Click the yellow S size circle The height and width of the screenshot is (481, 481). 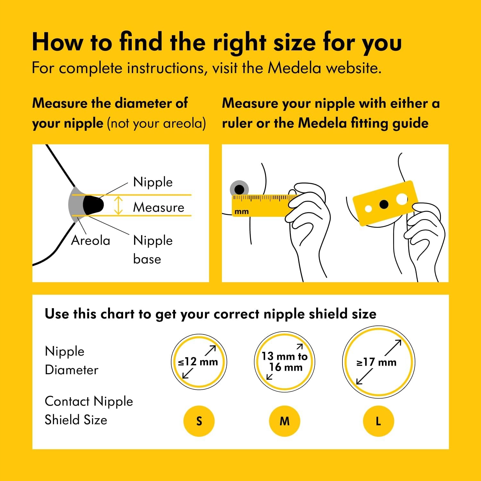coord(199,421)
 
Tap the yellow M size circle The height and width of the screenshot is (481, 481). coord(284,421)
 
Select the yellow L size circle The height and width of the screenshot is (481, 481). coord(378,421)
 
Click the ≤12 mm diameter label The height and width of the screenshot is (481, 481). coord(198,362)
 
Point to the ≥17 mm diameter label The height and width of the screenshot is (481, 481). coord(376,362)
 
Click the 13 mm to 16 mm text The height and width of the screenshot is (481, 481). coord(284,361)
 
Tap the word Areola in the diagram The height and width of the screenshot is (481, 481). coord(90,240)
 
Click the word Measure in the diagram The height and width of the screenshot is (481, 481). coord(159,207)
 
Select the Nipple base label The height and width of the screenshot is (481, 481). coord(153,249)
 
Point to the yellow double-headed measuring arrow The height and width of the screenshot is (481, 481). coord(119,206)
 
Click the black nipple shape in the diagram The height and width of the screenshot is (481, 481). coord(93,205)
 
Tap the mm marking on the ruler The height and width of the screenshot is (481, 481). coord(241,212)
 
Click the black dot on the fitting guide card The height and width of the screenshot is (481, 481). coord(384,204)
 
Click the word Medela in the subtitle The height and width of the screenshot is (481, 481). coord(294,68)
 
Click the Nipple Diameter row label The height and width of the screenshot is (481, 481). coord(72,360)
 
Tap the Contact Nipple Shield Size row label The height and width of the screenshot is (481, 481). coord(89,410)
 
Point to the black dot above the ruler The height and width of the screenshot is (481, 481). coord(239,189)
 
